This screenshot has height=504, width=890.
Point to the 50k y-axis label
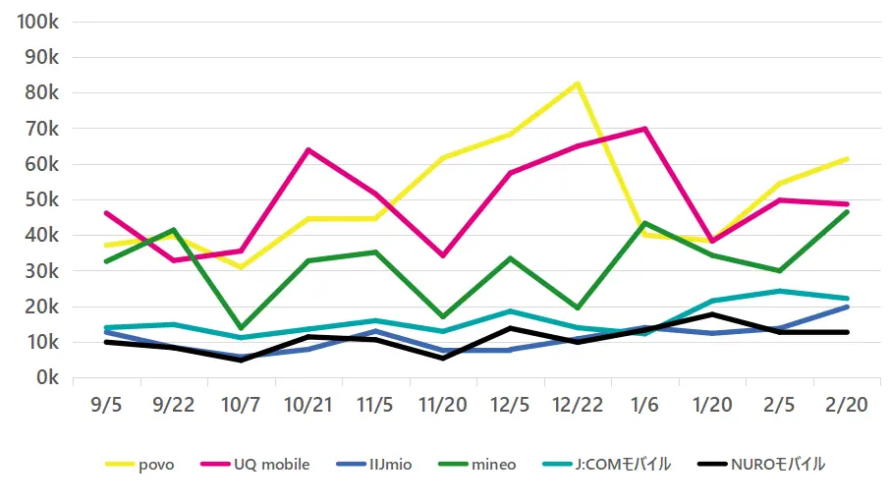tap(42, 200)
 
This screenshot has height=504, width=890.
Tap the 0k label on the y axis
tap(46, 378)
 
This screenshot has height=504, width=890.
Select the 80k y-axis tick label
tap(42, 93)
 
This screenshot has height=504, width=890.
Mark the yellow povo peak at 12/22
tap(578, 84)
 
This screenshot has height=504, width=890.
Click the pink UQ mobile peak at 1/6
tap(644, 129)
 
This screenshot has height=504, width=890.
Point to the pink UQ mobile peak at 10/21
tap(307, 150)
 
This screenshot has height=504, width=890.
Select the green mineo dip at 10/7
tap(241, 328)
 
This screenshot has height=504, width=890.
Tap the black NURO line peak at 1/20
tap(711, 314)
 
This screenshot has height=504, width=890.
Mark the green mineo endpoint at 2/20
tap(846, 212)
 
